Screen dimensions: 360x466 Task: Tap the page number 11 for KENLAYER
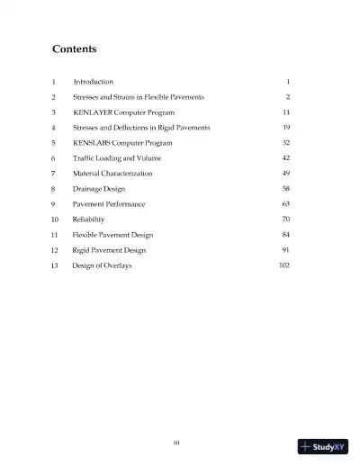(x=285, y=112)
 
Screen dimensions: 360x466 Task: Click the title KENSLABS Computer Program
(x=121, y=142)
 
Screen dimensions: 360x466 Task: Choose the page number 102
(x=283, y=265)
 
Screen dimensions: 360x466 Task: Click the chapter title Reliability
(x=89, y=220)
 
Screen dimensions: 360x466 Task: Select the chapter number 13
(x=54, y=265)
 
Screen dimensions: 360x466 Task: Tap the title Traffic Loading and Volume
(x=119, y=157)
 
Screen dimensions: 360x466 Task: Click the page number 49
(x=285, y=173)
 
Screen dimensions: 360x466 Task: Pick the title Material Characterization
(x=112, y=173)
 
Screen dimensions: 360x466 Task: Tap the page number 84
(x=285, y=235)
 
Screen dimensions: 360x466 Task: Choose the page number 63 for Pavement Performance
(x=285, y=204)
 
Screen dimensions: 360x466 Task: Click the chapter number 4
(x=54, y=127)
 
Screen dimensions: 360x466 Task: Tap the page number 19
(x=285, y=127)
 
